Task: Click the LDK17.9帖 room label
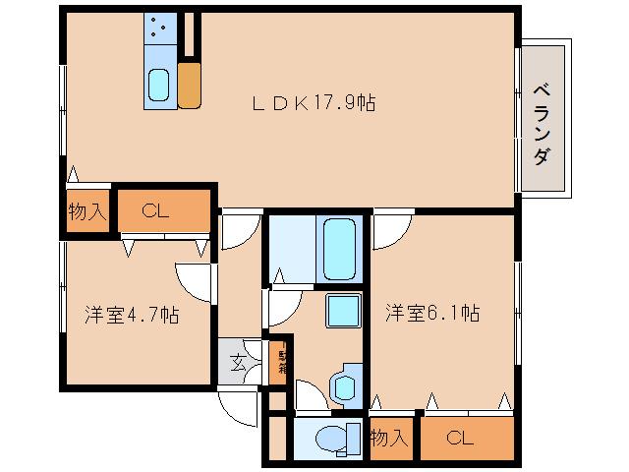(316, 102)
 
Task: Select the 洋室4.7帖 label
(131, 316)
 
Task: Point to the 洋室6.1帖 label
(431, 314)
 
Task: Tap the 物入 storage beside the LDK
(86, 210)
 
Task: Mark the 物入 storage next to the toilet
(390, 439)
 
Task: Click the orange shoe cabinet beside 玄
(278, 363)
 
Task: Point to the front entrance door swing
(240, 404)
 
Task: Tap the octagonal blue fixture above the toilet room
(347, 384)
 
